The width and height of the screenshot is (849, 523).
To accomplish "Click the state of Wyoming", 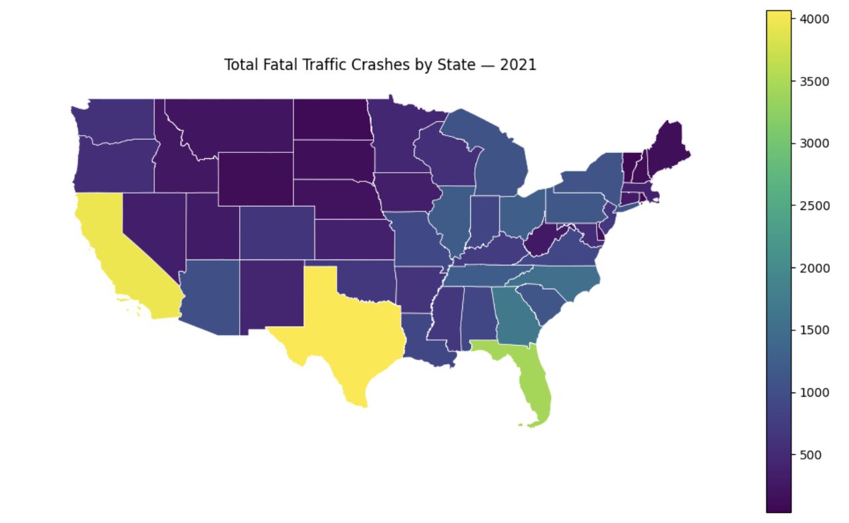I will point(255,179).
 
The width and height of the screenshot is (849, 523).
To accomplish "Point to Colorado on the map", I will point(277,232).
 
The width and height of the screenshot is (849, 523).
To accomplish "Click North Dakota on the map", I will point(330,119).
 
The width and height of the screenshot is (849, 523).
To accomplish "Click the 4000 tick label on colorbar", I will point(813,19).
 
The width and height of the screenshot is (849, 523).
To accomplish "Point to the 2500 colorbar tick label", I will point(813,206).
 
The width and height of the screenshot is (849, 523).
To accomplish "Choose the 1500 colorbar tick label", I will point(813,330).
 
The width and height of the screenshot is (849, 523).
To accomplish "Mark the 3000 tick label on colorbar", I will point(813,144).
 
